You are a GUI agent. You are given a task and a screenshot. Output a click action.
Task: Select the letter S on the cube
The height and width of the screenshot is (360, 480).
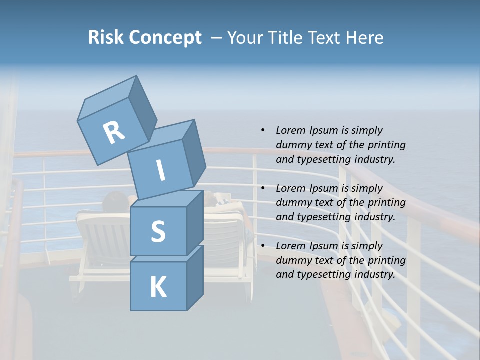[158, 232]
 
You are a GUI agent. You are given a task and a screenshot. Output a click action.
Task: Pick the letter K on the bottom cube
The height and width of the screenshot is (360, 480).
[158, 287]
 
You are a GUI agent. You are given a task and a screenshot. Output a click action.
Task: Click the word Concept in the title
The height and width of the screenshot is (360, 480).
[165, 38]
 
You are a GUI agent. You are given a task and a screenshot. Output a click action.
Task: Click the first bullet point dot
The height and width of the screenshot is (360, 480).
[262, 130]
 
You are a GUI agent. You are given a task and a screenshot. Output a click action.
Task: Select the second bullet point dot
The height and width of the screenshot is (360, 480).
[262, 188]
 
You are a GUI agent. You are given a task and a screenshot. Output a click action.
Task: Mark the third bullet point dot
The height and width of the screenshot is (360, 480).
[262, 246]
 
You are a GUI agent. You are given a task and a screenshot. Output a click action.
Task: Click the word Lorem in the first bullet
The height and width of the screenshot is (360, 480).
[290, 130]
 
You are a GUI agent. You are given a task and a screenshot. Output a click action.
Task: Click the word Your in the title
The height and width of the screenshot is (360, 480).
[245, 37]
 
